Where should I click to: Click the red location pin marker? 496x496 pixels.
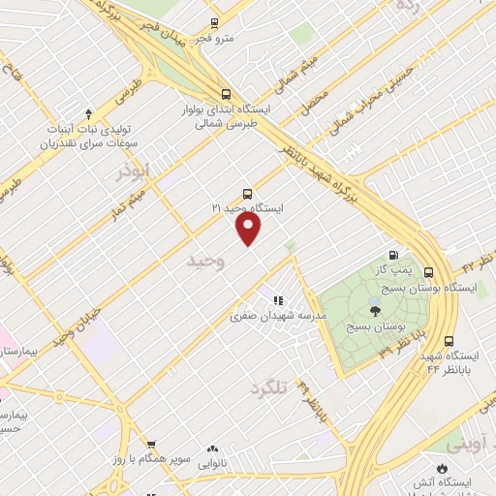point(249,228)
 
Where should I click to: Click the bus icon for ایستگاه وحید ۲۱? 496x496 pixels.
point(248,192)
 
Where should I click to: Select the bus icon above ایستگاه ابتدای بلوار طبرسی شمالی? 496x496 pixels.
point(226,94)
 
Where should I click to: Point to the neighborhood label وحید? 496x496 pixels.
point(205,262)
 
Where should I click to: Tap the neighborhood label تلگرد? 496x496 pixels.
point(268,388)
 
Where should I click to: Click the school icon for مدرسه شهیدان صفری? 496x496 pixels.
point(278,300)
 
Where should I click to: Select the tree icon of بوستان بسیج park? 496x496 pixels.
point(375,310)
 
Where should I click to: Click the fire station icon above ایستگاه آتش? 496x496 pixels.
point(443,466)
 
